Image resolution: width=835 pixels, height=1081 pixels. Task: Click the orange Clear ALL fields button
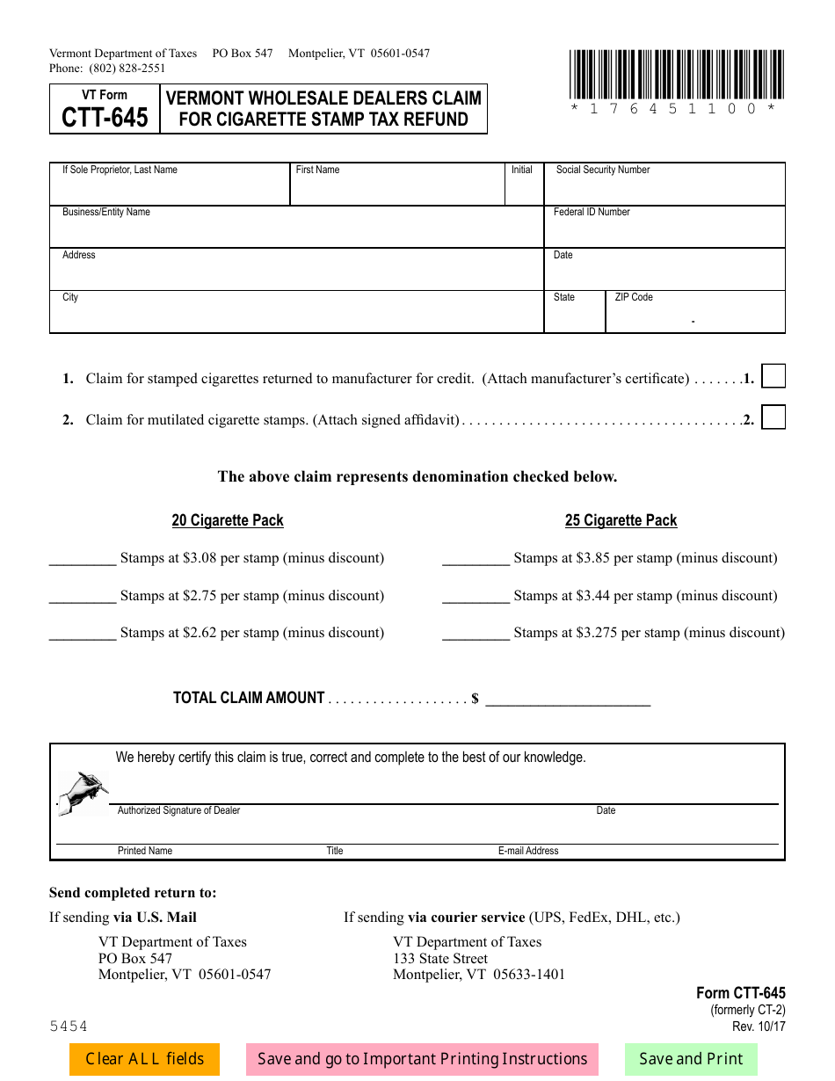[x=144, y=1059]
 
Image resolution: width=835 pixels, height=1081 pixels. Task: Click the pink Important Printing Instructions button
[x=422, y=1059]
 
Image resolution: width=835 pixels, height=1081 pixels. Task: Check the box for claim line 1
[x=773, y=376]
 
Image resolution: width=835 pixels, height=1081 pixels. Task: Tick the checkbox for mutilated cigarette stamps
[x=773, y=417]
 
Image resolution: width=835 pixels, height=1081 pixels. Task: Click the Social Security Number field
[x=664, y=189]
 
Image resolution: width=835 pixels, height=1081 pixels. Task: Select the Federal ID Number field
[x=664, y=231]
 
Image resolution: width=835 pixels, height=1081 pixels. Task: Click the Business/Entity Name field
[x=296, y=231]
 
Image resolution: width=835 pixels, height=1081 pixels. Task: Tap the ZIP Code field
[x=694, y=316]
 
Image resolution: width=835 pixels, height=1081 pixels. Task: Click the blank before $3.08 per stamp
[x=83, y=559]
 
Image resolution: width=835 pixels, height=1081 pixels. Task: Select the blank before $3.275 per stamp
[x=476, y=634]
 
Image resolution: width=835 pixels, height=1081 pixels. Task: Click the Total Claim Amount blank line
[x=568, y=700]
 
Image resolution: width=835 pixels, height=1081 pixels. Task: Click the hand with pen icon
[x=83, y=792]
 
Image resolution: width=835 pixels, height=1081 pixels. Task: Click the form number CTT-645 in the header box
[x=105, y=118]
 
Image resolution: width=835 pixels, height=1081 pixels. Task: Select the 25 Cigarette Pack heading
[x=621, y=520]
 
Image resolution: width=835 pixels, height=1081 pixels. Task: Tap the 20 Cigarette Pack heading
[x=228, y=520]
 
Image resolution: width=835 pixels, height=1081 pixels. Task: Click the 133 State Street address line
[x=440, y=958]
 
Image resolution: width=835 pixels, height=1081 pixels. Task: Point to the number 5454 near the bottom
[x=69, y=1026]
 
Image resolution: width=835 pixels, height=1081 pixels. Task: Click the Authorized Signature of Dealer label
[x=178, y=810]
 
